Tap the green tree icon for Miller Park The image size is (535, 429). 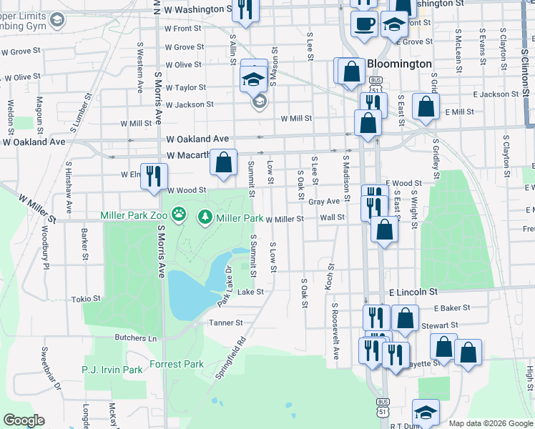coord(206,216)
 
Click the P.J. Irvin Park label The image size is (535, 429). coord(112,370)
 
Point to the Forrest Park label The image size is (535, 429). coord(177,364)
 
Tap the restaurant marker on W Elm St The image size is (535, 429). coord(154,176)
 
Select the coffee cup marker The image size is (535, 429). coord(364,24)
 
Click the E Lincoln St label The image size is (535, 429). coord(413,292)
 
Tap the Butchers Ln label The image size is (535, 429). coord(136,337)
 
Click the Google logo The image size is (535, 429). coord(23,420)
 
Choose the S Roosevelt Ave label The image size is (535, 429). coord(335,330)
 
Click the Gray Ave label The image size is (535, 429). coord(323,202)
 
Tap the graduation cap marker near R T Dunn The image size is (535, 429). coord(425,412)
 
